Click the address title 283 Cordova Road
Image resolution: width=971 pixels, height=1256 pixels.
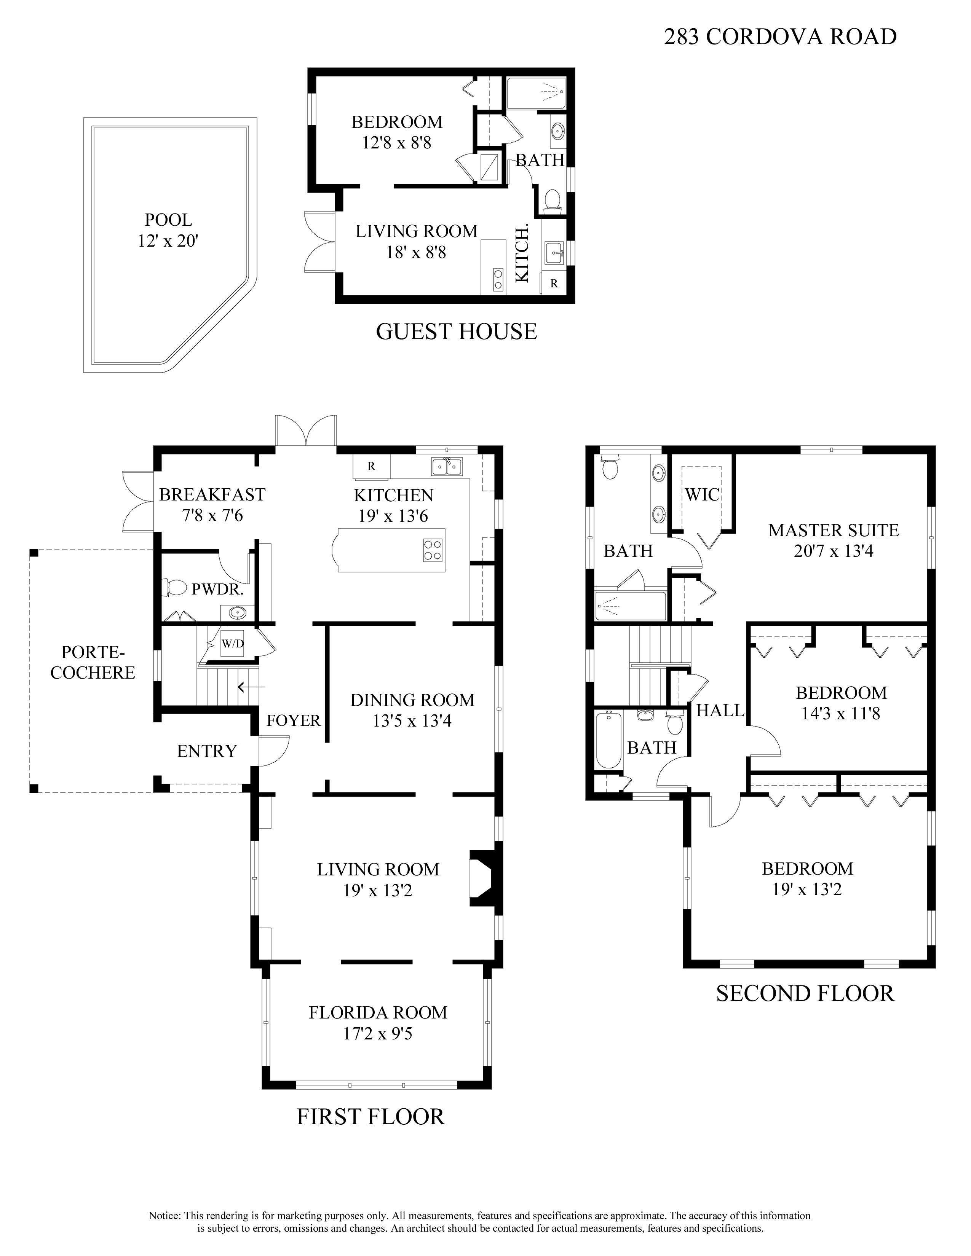point(780,37)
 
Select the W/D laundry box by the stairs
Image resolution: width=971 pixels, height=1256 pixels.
point(232,644)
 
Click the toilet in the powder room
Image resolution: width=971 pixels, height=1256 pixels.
point(177,587)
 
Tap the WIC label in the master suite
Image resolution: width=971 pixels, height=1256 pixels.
point(703,494)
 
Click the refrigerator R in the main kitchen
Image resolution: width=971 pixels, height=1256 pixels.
point(371,466)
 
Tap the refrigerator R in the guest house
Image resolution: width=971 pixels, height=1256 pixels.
point(554,284)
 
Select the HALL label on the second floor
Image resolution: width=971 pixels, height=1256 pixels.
point(720,711)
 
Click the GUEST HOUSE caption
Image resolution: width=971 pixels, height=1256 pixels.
point(456,332)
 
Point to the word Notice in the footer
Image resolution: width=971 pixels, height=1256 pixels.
point(166,1211)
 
